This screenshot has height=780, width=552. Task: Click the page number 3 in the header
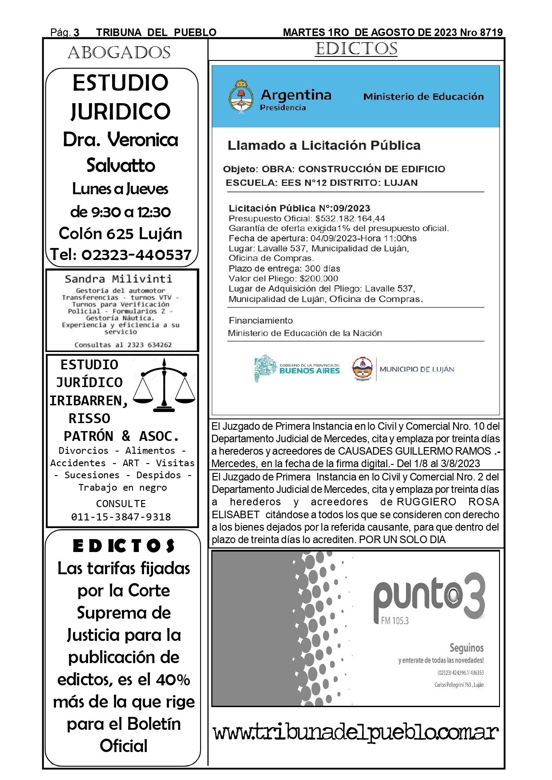(77, 32)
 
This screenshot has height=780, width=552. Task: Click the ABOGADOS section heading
(119, 53)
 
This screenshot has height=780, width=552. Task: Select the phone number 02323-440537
(137, 255)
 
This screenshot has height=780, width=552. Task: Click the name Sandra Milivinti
(118, 279)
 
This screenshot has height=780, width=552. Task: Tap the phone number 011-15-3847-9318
(121, 517)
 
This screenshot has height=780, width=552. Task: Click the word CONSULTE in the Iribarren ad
(121, 504)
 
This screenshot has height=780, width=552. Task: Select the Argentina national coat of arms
(241, 97)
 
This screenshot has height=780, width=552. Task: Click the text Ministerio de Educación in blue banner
(423, 97)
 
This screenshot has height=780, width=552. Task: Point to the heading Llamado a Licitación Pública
(324, 146)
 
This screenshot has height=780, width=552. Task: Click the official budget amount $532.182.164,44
(350, 219)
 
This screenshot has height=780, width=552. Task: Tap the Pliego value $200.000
(319, 279)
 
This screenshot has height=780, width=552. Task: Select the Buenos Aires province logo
(297, 368)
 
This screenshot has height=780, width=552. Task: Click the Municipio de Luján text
(417, 369)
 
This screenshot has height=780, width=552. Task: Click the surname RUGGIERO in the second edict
(426, 502)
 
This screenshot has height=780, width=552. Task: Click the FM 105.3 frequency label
(395, 621)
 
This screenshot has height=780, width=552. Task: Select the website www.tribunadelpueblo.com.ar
(355, 732)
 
